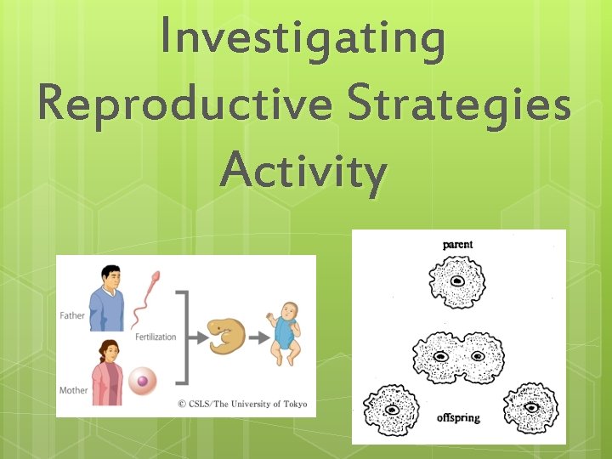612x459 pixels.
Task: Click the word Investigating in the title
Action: pyautogui.click(x=304, y=41)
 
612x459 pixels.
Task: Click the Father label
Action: pyautogui.click(x=72, y=315)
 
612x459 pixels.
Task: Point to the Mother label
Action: pyautogui.click(x=73, y=390)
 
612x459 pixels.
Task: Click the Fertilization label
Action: pyautogui.click(x=156, y=337)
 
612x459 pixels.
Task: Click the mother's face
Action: pyautogui.click(x=110, y=350)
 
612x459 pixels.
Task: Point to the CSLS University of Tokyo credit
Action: pyautogui.click(x=241, y=404)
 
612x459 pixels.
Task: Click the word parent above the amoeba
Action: pyautogui.click(x=457, y=245)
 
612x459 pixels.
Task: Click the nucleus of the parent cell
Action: pyautogui.click(x=457, y=281)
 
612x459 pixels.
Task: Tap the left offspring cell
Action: pyautogui.click(x=391, y=410)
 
